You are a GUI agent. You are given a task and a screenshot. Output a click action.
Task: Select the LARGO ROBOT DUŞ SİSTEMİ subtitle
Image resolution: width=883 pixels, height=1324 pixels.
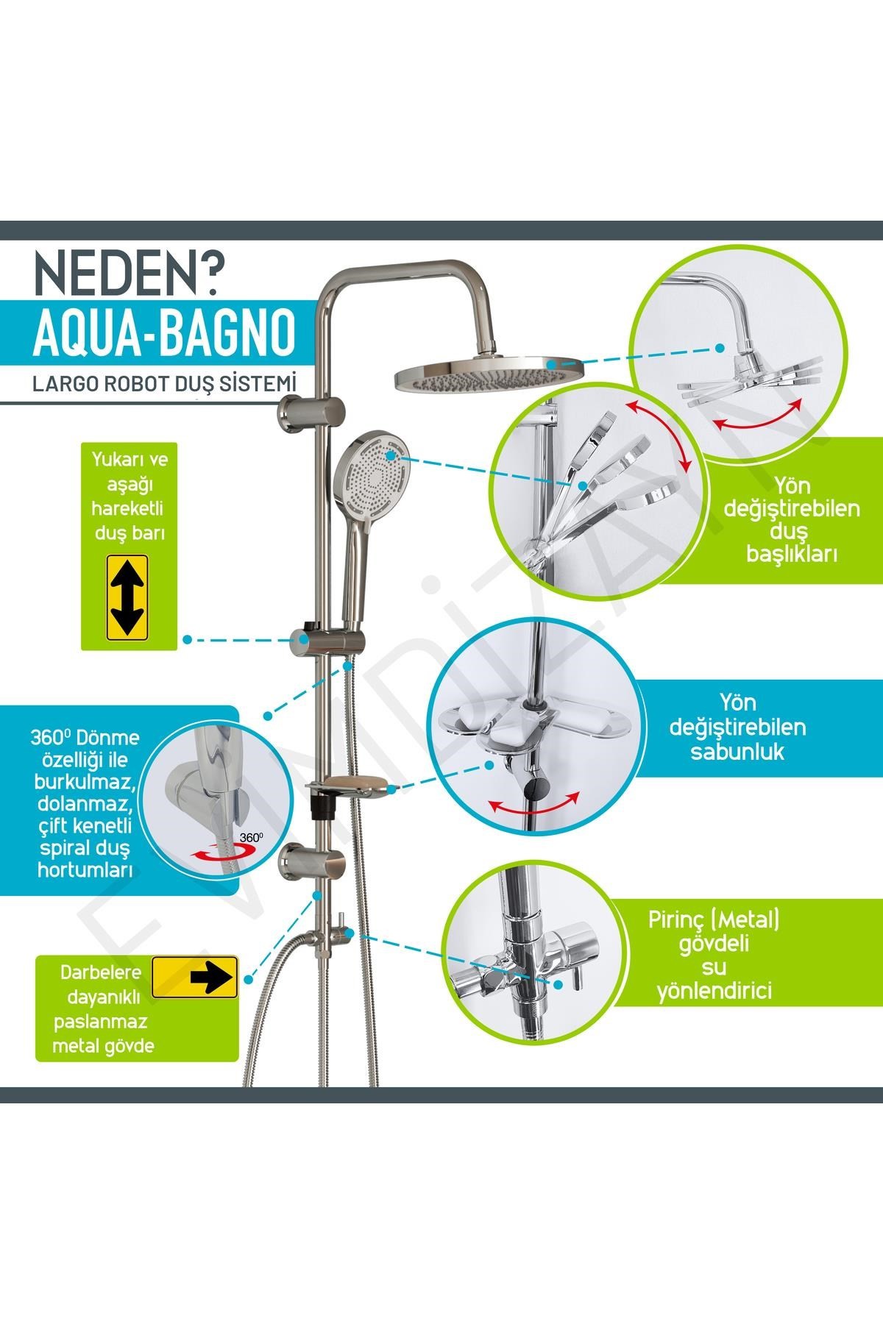pyautogui.click(x=163, y=384)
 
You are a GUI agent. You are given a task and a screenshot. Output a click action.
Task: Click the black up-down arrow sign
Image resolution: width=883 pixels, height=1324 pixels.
pyautogui.click(x=127, y=597)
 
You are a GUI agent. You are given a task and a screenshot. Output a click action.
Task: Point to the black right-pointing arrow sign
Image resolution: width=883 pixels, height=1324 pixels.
pyautogui.click(x=195, y=977)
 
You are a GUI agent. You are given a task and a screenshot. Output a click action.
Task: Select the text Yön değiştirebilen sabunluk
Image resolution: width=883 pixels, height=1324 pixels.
pyautogui.click(x=737, y=727)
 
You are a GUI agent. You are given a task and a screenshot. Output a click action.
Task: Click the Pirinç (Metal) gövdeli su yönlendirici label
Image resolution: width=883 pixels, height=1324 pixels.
pyautogui.click(x=714, y=955)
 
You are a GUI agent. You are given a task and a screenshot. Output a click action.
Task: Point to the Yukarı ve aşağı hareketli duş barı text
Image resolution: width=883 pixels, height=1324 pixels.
pyautogui.click(x=130, y=496)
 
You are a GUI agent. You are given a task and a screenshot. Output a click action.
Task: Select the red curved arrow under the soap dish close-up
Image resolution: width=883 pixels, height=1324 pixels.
pyautogui.click(x=533, y=805)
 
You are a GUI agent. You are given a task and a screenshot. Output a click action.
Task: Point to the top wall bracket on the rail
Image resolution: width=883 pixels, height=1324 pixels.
pyautogui.click(x=312, y=412)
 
